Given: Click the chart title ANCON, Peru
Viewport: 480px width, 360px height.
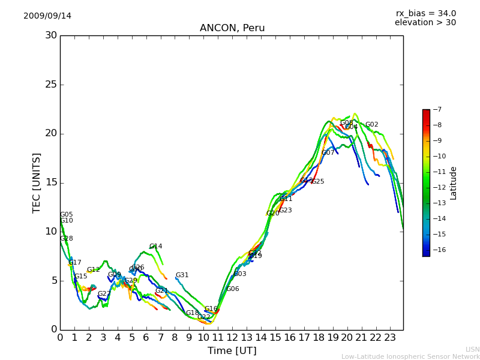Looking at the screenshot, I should pos(232,28).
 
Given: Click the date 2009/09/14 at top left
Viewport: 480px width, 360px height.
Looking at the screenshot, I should pos(47,16).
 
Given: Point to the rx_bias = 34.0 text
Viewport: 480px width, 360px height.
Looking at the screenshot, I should pos(425,14).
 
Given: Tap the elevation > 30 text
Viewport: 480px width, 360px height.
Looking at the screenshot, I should pos(425,23).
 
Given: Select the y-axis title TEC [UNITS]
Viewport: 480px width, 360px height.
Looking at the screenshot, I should pos(37,182).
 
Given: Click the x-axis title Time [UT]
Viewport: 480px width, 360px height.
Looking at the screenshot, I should pos(232,351).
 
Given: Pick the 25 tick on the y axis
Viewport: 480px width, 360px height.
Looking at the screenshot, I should pos(51,85).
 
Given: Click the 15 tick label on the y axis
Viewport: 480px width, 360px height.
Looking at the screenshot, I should pos(51,182).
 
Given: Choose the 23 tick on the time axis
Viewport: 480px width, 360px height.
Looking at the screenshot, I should pos(390,338).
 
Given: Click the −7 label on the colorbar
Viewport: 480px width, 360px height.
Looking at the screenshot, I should pos(436,110).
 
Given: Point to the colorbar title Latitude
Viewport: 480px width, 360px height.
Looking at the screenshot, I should pos(454,183).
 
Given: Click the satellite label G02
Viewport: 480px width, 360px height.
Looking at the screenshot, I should pos(372,125).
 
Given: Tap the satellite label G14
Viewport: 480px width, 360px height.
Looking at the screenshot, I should pos(156,247).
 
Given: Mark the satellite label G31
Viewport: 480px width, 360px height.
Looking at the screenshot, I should pos(182,275).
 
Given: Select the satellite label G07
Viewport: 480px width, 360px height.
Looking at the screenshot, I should pos(328,153).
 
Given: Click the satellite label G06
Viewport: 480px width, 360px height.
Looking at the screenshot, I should pos(233,289).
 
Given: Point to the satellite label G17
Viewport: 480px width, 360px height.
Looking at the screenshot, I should pos(75,263).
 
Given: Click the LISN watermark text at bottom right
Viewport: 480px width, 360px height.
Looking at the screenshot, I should pos(473,349).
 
